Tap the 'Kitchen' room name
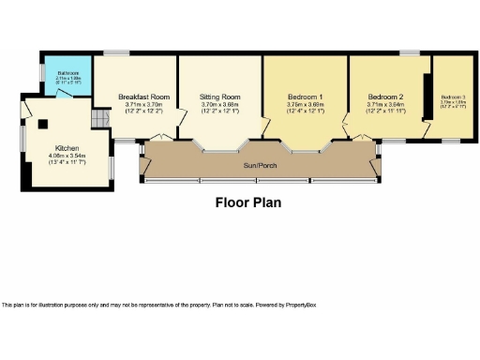tap(67, 148)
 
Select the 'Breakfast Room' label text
tap(144, 97)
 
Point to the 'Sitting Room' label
tap(220, 97)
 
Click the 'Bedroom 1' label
tap(305, 97)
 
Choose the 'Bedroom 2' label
tap(385, 97)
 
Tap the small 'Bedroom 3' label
tap(453, 97)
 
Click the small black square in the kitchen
tap(41, 122)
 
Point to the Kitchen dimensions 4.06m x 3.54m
tap(67, 156)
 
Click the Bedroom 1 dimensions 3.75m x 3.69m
tap(305, 104)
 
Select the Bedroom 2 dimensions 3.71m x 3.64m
tap(385, 104)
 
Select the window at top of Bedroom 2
tap(410, 52)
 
